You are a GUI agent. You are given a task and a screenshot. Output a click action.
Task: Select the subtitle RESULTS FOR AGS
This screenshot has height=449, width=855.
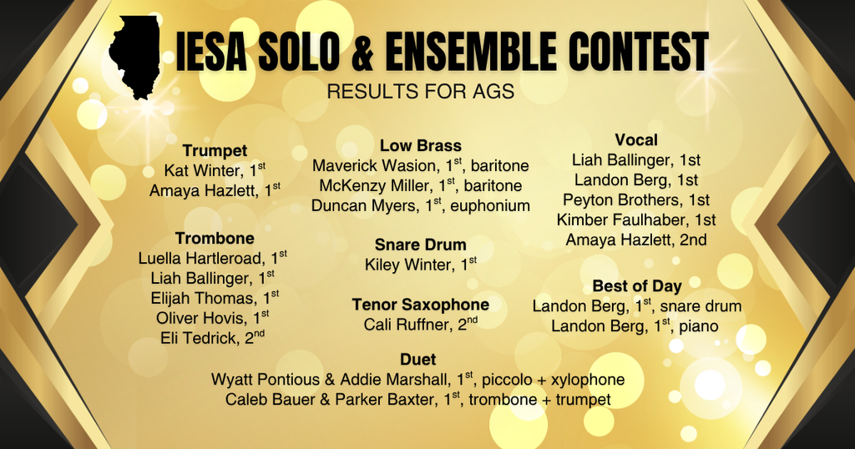click(420, 91)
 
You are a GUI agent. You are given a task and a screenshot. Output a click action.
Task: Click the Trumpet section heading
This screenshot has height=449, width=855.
click(215, 151)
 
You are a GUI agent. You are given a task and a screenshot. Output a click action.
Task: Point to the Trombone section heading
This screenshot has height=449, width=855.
click(215, 239)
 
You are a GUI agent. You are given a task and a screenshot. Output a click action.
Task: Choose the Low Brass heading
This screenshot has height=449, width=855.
click(421, 145)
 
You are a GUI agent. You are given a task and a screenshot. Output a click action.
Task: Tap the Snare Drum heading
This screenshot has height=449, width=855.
click(420, 245)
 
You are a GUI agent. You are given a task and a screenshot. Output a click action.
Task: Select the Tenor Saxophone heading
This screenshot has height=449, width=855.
click(420, 305)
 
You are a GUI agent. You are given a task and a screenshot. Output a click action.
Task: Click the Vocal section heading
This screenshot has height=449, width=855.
click(636, 140)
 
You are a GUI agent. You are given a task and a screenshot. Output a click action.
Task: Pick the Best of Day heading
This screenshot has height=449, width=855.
click(637, 286)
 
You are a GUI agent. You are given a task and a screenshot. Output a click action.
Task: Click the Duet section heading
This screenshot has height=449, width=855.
click(417, 360)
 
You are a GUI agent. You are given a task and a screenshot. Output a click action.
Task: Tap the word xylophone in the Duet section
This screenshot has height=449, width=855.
click(585, 380)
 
